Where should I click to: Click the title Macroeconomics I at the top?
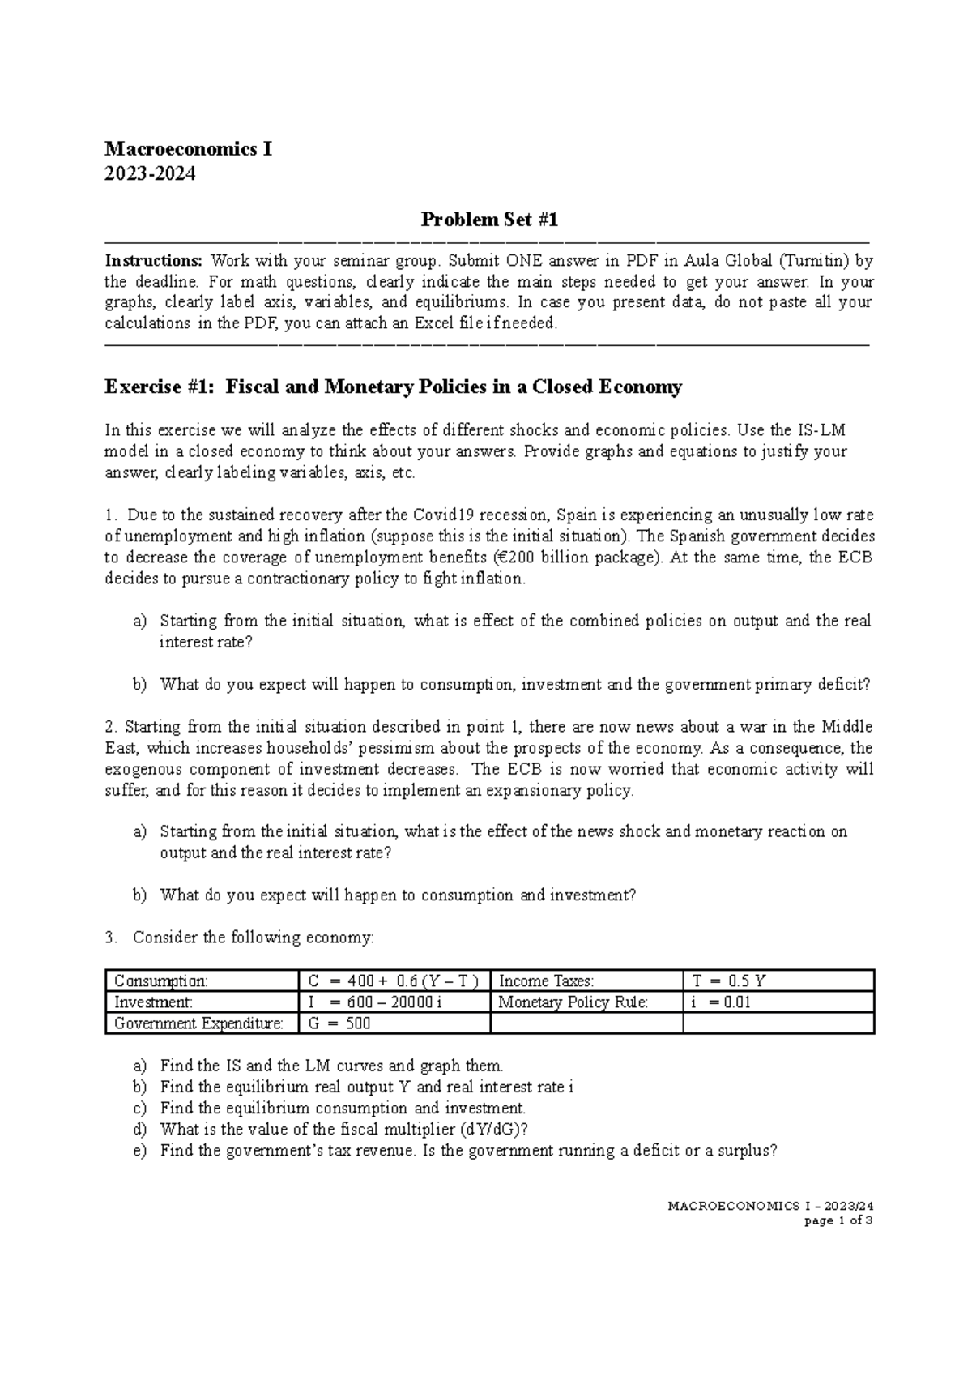[188, 150]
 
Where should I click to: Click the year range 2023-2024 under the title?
[150, 173]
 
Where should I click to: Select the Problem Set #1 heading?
[489, 220]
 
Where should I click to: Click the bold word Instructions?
[154, 261]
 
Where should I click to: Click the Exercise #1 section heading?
[393, 387]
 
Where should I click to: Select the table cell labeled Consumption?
[161, 981]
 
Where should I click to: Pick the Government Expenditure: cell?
[198, 1023]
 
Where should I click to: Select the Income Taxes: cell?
[547, 981]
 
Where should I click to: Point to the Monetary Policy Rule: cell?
[573, 1002]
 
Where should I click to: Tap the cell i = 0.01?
[720, 1002]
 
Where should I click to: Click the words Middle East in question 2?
[846, 727]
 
